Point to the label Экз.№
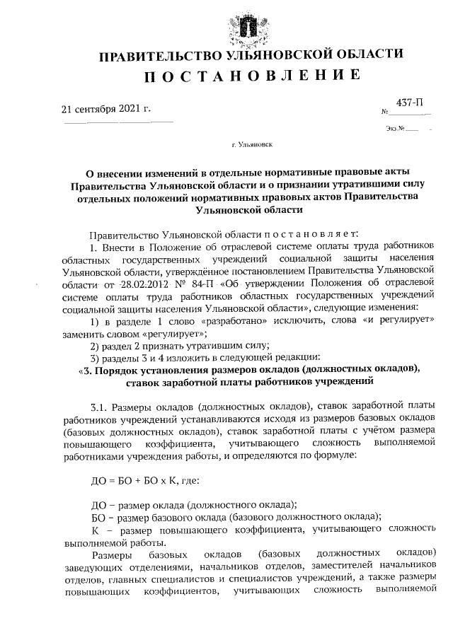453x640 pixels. pos(395,128)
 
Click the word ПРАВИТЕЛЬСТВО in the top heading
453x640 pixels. pos(151,55)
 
